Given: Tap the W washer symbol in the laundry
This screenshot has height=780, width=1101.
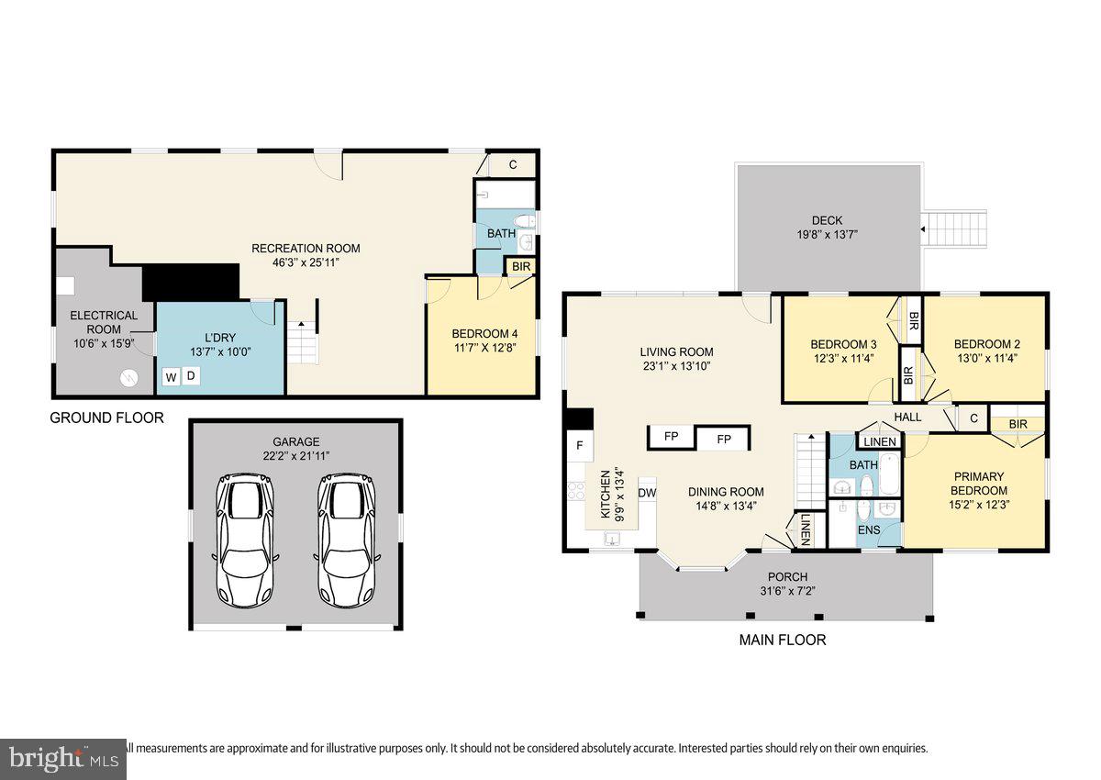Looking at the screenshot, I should tap(172, 376).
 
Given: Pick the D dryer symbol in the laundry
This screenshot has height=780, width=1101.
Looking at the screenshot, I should tap(192, 376).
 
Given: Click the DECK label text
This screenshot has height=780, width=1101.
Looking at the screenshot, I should tap(827, 220).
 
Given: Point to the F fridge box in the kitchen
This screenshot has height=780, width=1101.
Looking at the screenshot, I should tap(579, 447).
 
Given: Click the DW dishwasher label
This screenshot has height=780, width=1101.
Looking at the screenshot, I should tap(647, 493).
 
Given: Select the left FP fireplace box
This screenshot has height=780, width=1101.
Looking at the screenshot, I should tap(671, 437).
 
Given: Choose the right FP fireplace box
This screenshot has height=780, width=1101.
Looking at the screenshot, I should tap(724, 440).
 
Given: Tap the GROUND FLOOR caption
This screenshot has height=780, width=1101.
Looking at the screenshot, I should tap(106, 418).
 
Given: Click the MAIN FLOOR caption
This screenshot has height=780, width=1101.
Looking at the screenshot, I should tap(783, 640).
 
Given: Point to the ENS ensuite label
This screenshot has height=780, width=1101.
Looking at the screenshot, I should tap(868, 530).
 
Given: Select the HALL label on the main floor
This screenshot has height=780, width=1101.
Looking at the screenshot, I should tap(907, 418).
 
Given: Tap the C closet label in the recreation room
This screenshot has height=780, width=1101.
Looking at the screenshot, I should tap(513, 165).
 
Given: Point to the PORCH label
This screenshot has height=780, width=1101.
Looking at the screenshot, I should tap(788, 576).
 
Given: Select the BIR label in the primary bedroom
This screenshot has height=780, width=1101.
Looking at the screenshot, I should tap(1018, 424).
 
